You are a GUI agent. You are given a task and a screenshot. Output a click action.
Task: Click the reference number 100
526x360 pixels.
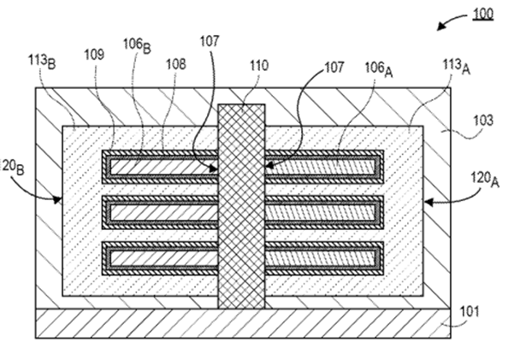[x=482, y=15]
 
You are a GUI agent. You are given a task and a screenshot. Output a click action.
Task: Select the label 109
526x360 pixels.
[x=96, y=55]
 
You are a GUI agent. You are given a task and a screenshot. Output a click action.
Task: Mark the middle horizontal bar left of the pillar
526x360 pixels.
[x=160, y=211]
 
